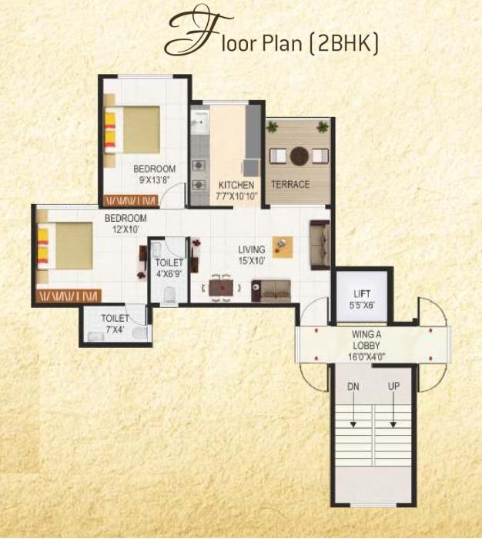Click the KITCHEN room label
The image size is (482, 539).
click(236, 185)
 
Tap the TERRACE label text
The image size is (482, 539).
click(290, 185)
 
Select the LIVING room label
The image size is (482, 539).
click(251, 249)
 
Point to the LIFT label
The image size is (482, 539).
click(362, 294)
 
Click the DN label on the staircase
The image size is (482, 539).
click(353, 385)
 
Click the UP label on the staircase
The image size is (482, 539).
click(393, 385)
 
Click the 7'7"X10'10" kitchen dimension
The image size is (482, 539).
click(236, 196)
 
